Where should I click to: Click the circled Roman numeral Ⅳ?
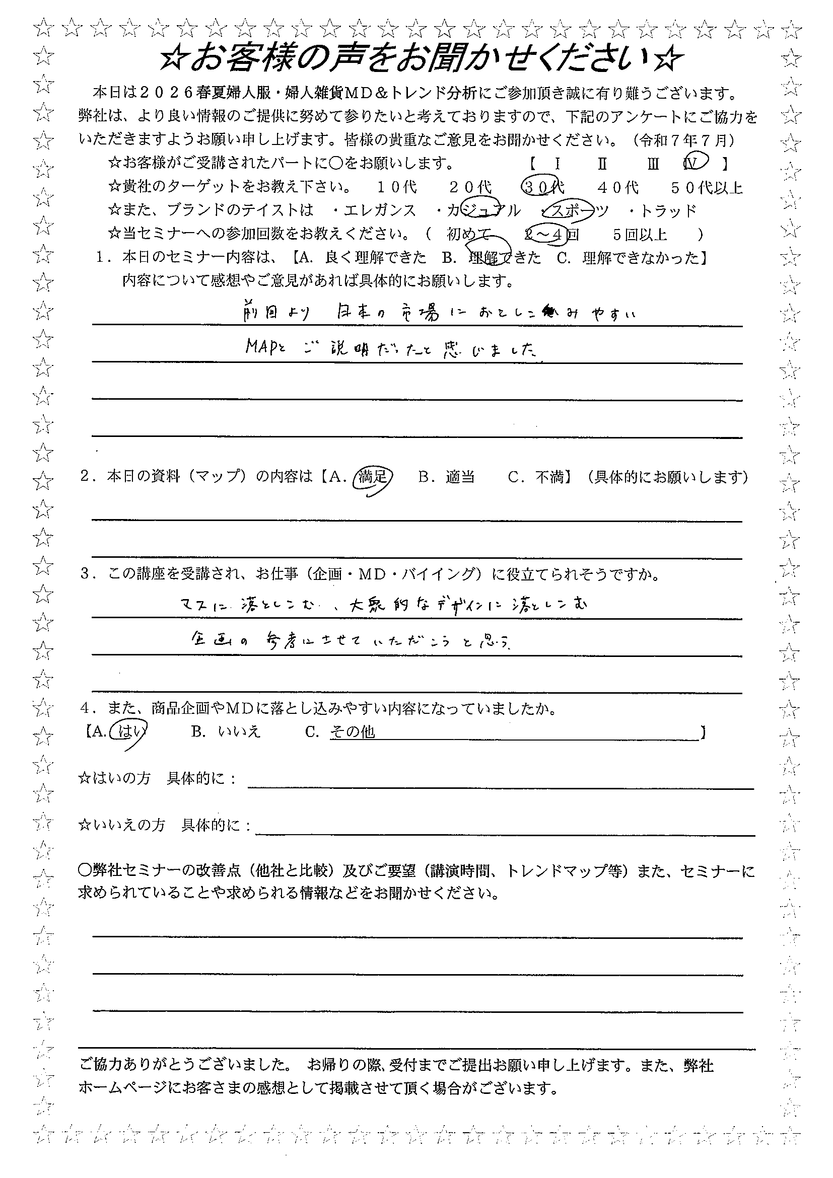tap(695, 163)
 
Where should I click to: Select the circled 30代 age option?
tap(542, 187)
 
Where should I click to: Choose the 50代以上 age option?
tap(707, 187)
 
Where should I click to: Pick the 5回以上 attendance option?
tap(640, 235)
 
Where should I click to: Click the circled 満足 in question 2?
tap(373, 478)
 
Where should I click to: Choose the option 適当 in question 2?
tap(460, 478)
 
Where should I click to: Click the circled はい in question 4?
tap(130, 731)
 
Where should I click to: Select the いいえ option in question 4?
tap(239, 731)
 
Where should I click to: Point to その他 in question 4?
tap(353, 731)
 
